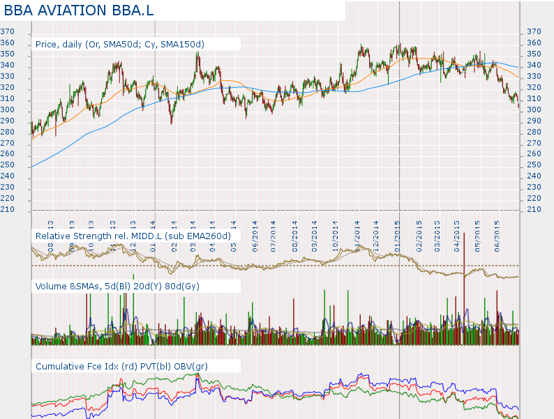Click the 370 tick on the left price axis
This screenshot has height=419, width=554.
(8, 32)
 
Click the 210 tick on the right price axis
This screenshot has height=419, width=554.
(534, 210)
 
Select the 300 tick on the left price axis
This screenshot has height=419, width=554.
(8, 110)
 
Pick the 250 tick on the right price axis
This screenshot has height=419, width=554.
(534, 165)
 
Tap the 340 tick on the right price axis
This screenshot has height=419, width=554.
(534, 66)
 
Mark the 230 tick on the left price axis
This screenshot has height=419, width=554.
(8, 188)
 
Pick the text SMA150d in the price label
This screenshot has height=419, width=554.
(182, 45)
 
